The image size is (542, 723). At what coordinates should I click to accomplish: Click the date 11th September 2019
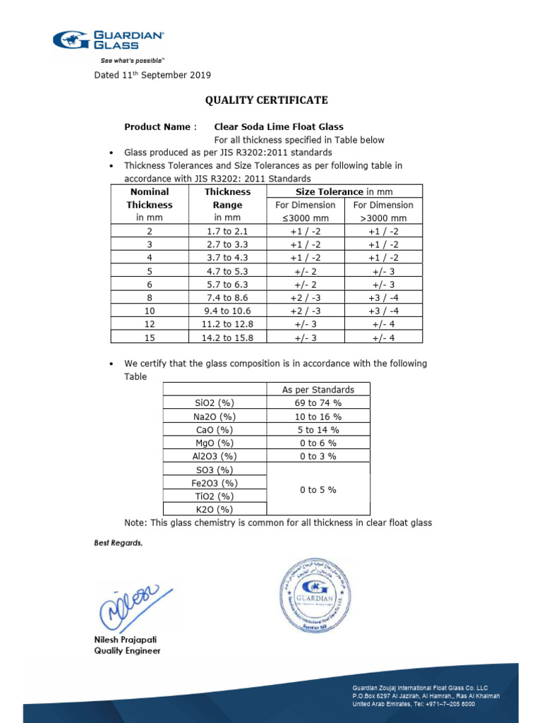[152, 75]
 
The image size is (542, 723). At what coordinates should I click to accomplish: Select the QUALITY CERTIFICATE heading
[266, 100]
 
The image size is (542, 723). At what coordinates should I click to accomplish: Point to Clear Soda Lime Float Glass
[279, 127]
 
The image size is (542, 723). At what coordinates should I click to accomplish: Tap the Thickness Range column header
[227, 205]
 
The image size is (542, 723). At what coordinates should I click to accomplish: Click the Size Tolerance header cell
[344, 192]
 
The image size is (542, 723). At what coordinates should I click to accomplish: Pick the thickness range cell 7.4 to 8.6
[227, 297]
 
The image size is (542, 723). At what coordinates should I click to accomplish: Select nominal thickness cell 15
[149, 337]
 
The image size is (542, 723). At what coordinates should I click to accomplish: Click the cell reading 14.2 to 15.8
[227, 337]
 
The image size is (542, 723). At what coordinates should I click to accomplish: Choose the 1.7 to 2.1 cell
[227, 232]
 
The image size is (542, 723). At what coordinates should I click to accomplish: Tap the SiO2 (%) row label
[215, 403]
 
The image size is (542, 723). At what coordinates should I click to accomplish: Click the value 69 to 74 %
[318, 403]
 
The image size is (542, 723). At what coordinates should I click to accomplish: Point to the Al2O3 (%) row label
[215, 456]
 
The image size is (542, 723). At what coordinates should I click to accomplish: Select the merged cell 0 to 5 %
[318, 489]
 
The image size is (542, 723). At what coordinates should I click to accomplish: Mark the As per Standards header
[318, 390]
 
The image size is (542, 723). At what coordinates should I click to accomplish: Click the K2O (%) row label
[215, 509]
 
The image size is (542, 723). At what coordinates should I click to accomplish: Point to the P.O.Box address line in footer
[426, 695]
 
